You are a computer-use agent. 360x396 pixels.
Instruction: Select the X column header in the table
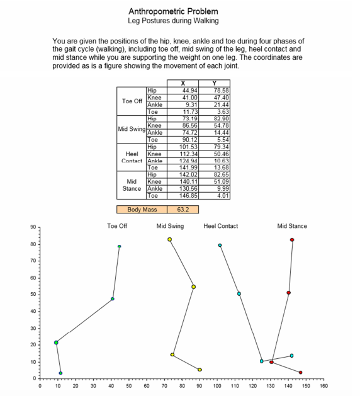(x=183, y=83)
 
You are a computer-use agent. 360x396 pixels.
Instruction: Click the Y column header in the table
(x=214, y=83)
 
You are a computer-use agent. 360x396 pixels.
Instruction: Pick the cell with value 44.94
(x=183, y=90)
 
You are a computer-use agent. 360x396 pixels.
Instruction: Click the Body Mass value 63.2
(x=183, y=209)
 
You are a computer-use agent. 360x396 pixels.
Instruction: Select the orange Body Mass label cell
(x=142, y=209)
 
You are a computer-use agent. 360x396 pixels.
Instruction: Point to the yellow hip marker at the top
(x=169, y=239)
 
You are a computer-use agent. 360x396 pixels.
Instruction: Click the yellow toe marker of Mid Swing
(x=200, y=370)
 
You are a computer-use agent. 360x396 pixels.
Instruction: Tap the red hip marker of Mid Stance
(x=292, y=240)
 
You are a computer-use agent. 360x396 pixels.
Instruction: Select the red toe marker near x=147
(x=300, y=372)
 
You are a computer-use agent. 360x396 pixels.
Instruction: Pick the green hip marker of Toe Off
(x=119, y=246)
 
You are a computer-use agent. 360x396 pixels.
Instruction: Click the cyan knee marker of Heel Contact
(x=239, y=293)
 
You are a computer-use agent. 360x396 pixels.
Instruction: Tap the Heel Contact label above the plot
(x=220, y=226)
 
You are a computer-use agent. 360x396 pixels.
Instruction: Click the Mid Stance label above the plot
(x=292, y=226)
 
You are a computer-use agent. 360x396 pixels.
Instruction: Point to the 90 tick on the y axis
(x=33, y=227)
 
